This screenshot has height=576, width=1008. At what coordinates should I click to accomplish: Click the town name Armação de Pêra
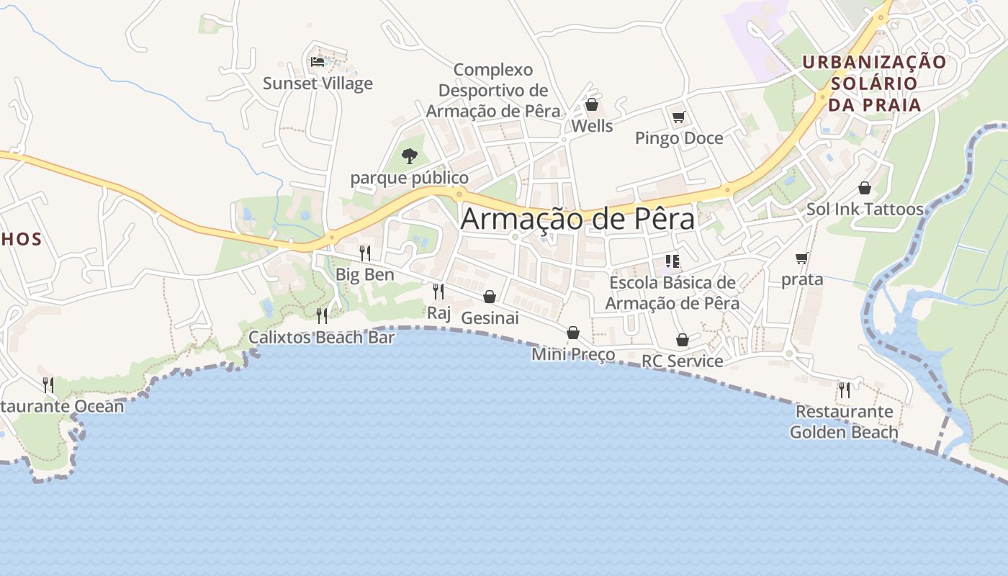pos(577,219)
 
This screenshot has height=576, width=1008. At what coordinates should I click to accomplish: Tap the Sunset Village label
pos(318,84)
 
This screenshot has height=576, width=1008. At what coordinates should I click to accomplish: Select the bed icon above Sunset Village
pos(318,62)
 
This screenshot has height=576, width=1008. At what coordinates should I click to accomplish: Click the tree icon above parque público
pos(409,156)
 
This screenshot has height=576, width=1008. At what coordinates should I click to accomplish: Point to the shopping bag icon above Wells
pos(592,105)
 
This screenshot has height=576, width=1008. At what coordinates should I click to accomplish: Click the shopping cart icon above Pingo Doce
pos(678,117)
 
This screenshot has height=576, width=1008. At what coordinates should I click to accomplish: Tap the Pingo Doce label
pos(678,138)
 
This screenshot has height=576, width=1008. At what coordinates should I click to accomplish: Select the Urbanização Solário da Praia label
pos(874,84)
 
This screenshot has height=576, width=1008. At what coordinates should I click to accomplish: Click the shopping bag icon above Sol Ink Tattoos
pos(865,188)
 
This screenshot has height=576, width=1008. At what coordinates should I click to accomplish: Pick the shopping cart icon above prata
pos(802,258)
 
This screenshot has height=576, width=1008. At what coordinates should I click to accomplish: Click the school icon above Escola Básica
pos(672,261)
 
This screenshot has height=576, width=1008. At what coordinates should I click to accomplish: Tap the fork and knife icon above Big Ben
pos(365,253)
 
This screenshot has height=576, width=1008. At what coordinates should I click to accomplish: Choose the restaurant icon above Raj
pos(438,291)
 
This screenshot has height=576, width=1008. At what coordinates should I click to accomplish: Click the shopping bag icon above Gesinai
pos(490,297)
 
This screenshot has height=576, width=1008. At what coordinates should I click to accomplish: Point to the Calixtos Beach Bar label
pos(321,337)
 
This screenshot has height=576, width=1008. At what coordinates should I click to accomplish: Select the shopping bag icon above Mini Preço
pos(573,333)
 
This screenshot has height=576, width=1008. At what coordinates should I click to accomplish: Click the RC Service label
pos(682,361)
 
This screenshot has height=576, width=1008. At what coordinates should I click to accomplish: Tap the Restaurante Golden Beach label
pos(844,422)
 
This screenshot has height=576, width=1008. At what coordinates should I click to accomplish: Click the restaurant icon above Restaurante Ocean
pos(48,384)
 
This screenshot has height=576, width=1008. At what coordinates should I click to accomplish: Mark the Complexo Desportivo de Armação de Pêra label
pos(493,91)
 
